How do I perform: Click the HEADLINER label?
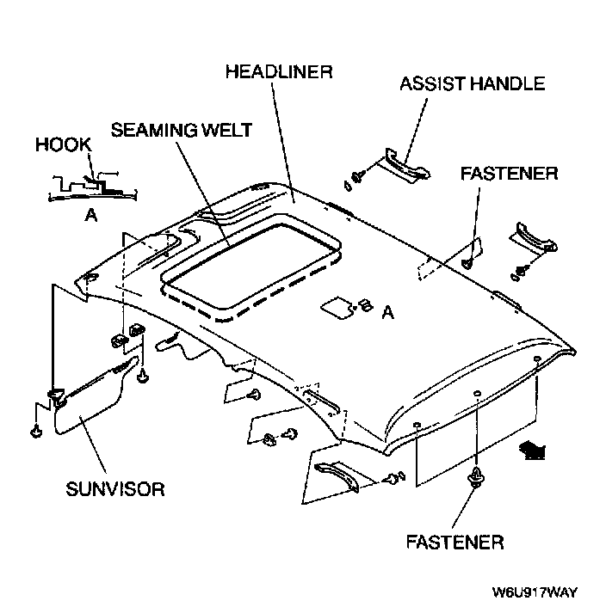coord(278,71)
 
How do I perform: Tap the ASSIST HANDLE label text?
coord(473,83)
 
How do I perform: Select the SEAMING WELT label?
coord(181,130)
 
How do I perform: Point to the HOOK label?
coord(63,144)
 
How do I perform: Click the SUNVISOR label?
coord(114,489)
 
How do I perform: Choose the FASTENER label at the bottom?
coord(454,543)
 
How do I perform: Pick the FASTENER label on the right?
coord(509,173)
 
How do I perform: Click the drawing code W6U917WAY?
coord(534,592)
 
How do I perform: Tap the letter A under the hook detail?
coord(90,217)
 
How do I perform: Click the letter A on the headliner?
coord(388,314)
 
